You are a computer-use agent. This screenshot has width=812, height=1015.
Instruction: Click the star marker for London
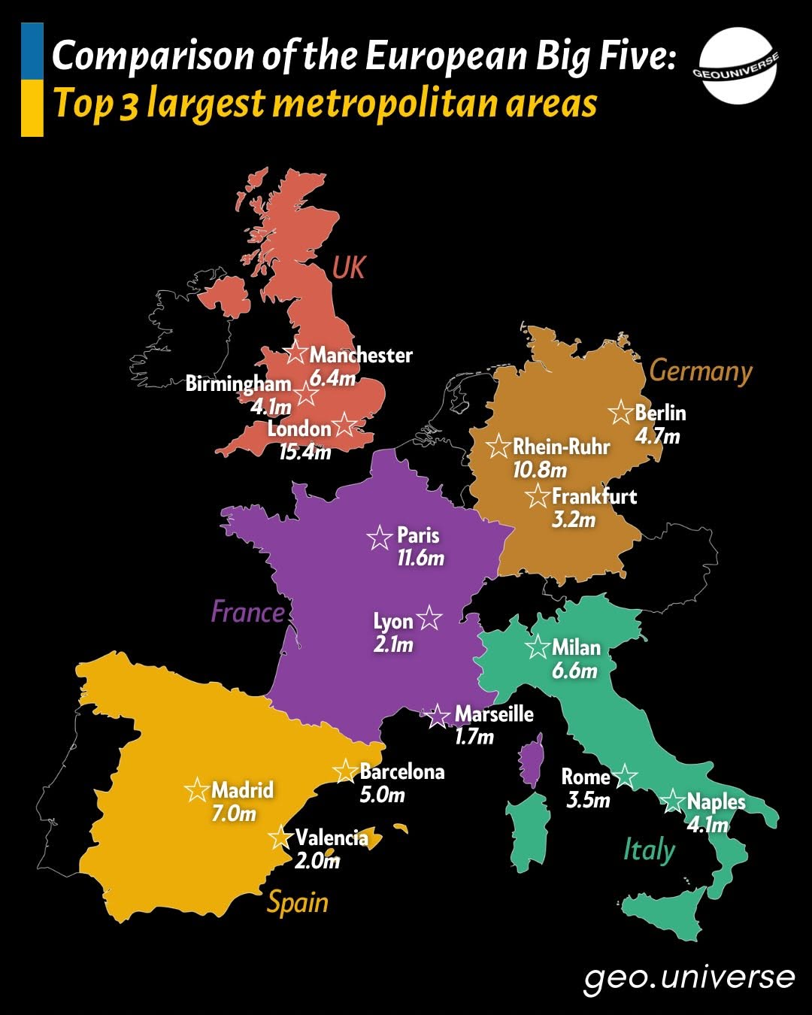point(344,424)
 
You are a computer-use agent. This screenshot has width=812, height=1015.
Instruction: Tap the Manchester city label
point(361,355)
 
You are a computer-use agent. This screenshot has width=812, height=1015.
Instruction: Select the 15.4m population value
point(304,452)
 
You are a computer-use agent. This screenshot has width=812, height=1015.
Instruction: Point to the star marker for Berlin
point(621,412)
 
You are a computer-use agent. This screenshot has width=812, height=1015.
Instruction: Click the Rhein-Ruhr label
point(561,447)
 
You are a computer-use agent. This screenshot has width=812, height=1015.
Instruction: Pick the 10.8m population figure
point(539,471)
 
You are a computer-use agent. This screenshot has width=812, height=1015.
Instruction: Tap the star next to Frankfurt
point(538,496)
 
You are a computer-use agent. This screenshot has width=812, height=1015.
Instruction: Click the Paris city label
point(418,535)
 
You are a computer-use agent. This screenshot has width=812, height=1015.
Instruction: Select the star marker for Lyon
point(429,618)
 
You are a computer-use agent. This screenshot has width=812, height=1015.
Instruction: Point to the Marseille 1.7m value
point(474,736)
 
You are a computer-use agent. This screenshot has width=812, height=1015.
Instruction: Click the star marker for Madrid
point(197,789)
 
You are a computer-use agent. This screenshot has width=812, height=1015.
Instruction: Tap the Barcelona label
point(402,771)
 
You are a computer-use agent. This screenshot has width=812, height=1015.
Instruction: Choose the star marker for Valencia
point(280,837)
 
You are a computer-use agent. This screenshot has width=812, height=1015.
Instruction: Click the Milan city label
point(576,647)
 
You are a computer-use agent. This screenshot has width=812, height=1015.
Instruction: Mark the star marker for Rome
point(625,775)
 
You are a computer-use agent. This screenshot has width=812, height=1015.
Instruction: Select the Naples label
point(716,801)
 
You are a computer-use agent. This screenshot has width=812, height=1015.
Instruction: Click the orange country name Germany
point(700,371)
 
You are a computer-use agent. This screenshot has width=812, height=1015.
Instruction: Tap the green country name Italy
point(649,850)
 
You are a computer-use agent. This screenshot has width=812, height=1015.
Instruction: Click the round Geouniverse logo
point(738,65)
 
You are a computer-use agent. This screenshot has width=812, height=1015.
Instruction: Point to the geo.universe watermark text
point(689,977)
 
